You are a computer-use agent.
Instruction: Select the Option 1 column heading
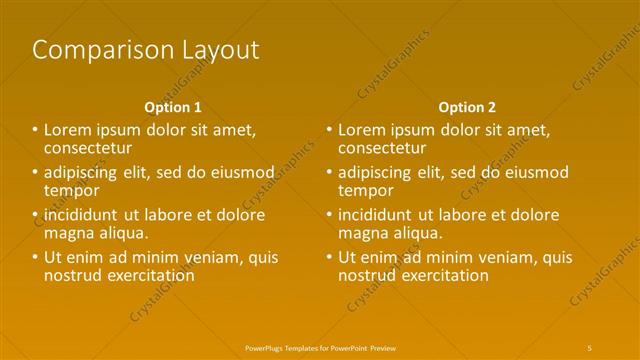(173, 107)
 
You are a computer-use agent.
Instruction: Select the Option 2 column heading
(467, 107)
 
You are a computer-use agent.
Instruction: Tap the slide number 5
(589, 347)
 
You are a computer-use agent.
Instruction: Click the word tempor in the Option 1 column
(71, 190)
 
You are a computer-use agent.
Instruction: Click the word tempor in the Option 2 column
(366, 190)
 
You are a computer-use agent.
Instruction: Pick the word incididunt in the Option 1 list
(81, 215)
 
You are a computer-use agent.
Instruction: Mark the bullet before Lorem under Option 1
(35, 130)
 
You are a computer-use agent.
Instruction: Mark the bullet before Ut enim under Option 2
(329, 257)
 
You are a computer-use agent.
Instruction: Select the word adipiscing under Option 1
(81, 172)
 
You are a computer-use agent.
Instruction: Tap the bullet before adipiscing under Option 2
(329, 172)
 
